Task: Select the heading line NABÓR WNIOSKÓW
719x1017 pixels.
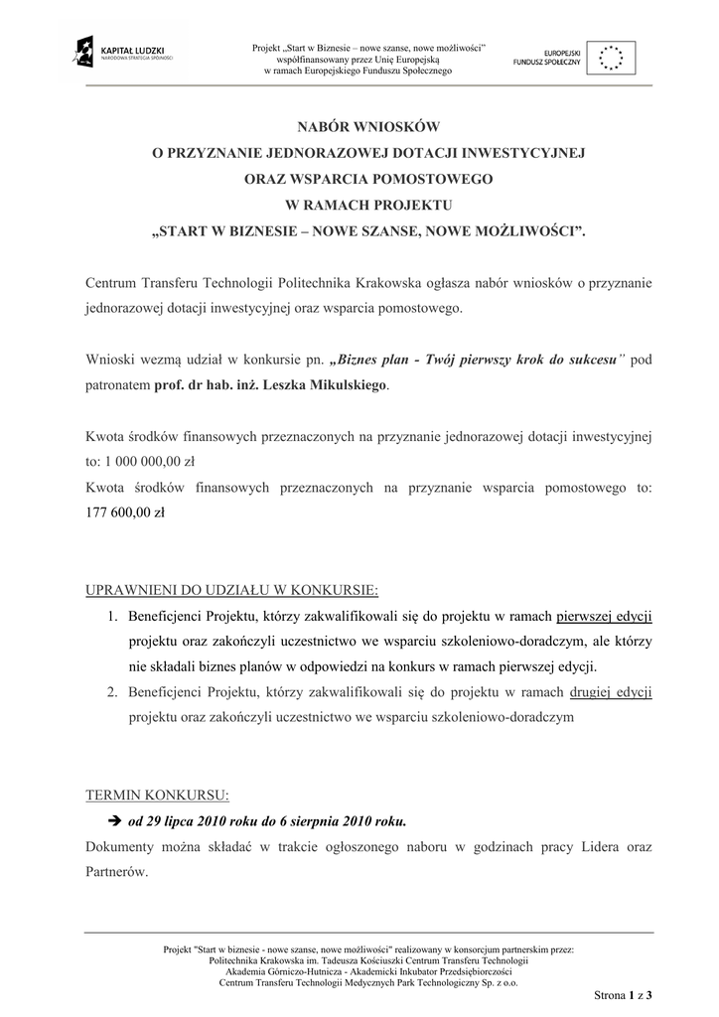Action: pyautogui.click(x=368, y=127)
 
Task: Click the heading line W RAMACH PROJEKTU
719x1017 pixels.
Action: pyautogui.click(x=368, y=205)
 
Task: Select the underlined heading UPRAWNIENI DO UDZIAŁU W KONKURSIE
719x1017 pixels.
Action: pyautogui.click(x=231, y=591)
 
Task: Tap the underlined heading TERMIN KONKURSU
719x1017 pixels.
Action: pyautogui.click(x=157, y=797)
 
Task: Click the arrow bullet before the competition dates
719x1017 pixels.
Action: pyautogui.click(x=112, y=822)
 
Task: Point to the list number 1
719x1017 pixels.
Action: pyautogui.click(x=114, y=616)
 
